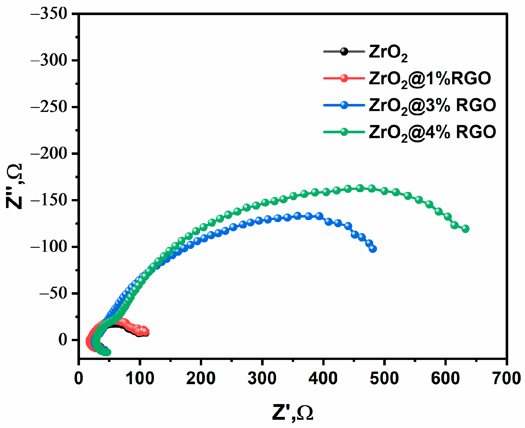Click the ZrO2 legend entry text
388,53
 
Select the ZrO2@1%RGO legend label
430,79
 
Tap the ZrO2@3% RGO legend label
432,106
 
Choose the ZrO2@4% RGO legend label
432,133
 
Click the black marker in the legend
344,52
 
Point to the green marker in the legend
344,132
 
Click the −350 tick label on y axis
49,14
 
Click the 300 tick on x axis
262,379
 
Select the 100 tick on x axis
140,379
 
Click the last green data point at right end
465,229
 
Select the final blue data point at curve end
373,249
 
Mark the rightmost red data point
145,332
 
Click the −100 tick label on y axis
49,247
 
